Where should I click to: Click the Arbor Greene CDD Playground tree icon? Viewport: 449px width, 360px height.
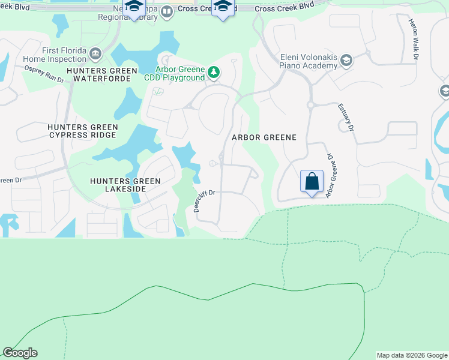[214, 73]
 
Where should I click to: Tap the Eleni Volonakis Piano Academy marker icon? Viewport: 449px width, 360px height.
[346, 61]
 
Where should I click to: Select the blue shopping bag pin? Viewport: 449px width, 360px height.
[312, 181]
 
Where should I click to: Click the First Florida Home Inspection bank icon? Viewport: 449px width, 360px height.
[95, 55]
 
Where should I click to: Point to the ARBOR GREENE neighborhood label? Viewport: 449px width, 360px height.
[265, 137]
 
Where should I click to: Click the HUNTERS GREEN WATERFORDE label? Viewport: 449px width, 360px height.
[100, 74]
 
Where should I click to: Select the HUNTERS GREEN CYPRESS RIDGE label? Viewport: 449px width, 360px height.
[83, 131]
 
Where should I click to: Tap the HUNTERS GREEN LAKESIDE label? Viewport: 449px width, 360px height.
[125, 185]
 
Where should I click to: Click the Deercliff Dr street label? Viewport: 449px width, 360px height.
[204, 201]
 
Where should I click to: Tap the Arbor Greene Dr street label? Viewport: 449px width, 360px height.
[329, 176]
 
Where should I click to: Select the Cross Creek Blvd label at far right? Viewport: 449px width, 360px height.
[285, 8]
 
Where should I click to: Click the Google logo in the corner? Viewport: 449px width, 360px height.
[20, 353]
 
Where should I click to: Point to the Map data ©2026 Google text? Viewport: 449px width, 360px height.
[412, 355]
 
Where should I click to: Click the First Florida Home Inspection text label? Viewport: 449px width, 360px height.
[55, 55]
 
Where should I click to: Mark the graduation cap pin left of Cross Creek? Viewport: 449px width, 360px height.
[134, 7]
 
